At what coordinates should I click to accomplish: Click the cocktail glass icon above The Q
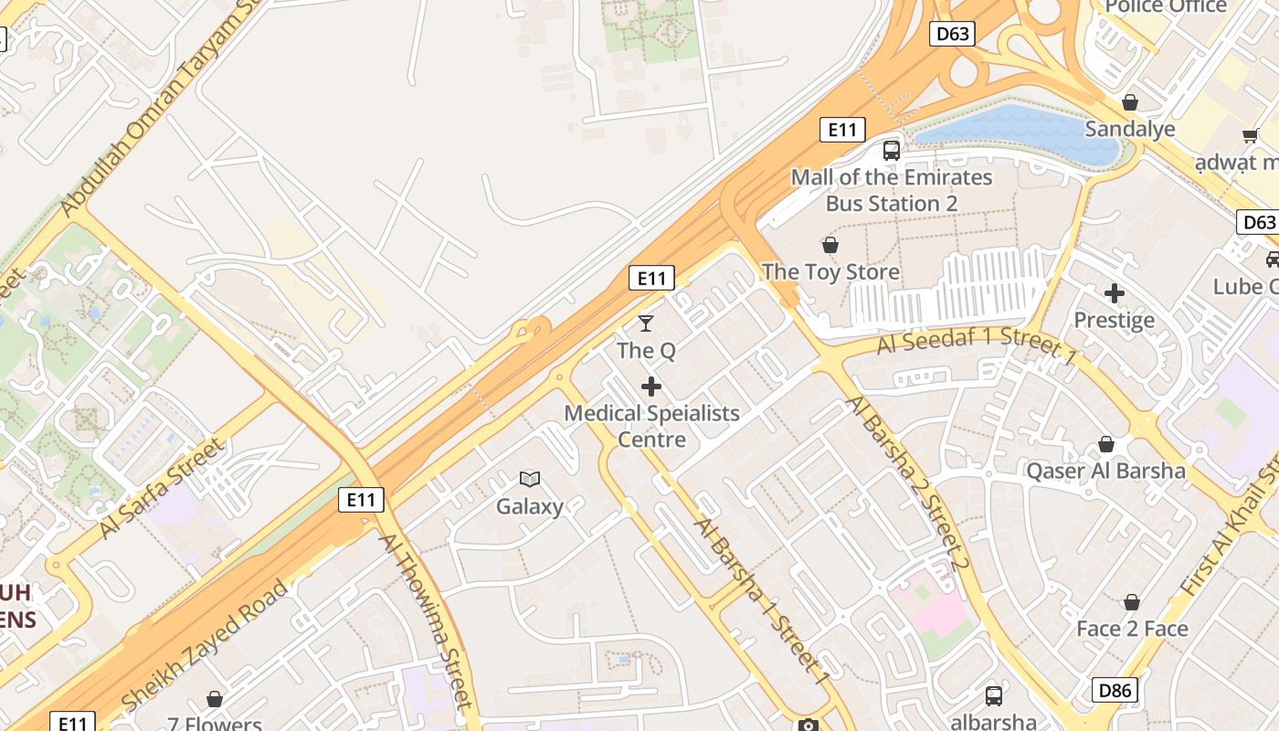pyautogui.click(x=646, y=323)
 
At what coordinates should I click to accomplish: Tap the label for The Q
pyautogui.click(x=646, y=351)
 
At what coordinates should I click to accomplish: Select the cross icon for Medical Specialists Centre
pyautogui.click(x=651, y=387)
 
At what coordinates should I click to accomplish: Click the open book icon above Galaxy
pyautogui.click(x=530, y=478)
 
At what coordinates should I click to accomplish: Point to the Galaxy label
pyautogui.click(x=530, y=506)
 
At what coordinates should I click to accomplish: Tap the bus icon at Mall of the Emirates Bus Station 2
pyautogui.click(x=892, y=151)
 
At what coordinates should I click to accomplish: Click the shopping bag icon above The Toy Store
pyautogui.click(x=830, y=245)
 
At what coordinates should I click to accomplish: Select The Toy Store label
pyautogui.click(x=830, y=272)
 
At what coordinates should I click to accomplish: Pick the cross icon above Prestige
pyautogui.click(x=1114, y=293)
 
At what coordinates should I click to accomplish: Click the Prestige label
pyautogui.click(x=1114, y=321)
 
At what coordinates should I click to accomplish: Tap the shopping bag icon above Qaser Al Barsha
pyautogui.click(x=1106, y=444)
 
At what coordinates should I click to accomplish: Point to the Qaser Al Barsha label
pyautogui.click(x=1106, y=471)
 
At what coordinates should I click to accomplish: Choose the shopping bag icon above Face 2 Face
pyautogui.click(x=1132, y=602)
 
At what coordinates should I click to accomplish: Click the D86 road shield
pyautogui.click(x=1115, y=690)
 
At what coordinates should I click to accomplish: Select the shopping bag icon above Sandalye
pyautogui.click(x=1130, y=102)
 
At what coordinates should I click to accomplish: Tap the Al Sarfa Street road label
pyautogui.click(x=161, y=487)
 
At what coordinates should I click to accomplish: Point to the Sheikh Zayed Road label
pyautogui.click(x=205, y=645)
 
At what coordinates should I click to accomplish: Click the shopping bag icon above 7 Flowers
pyautogui.click(x=215, y=699)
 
